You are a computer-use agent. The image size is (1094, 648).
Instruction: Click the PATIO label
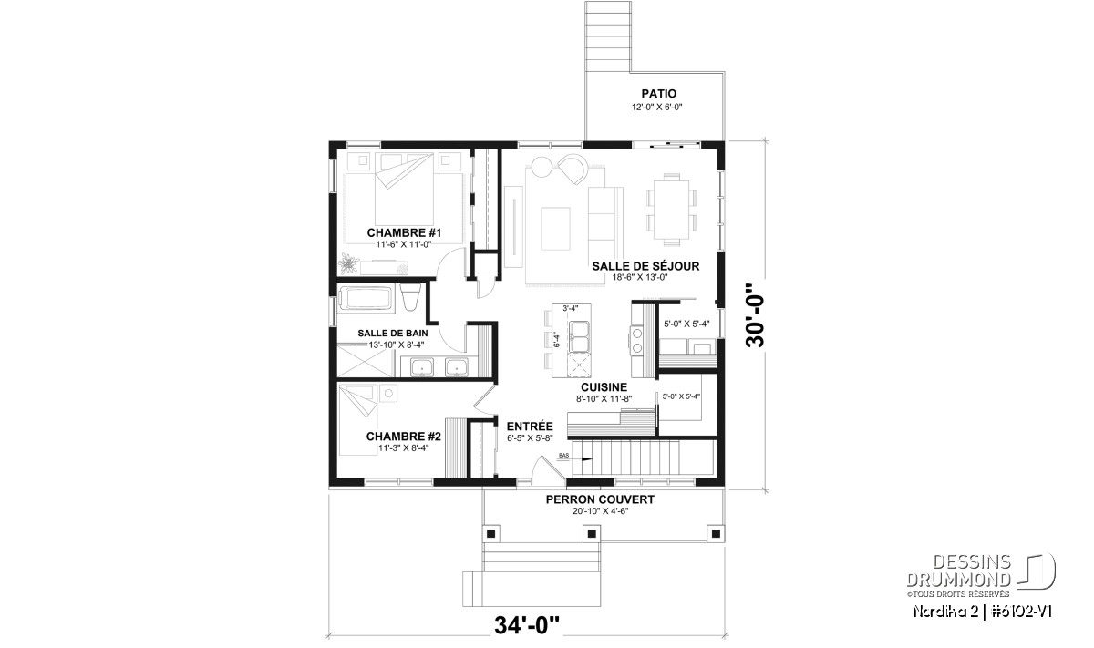coord(659,93)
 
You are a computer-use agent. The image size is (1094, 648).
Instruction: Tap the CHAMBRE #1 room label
coord(404,232)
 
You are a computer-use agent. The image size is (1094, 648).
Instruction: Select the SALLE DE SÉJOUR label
coord(645,266)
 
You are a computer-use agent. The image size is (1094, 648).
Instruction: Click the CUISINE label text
coord(604,387)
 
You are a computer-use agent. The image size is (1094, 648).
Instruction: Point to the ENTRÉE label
coord(530,427)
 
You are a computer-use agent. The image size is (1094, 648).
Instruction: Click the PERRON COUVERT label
coord(600,499)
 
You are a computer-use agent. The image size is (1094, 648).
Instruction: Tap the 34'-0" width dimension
coord(527,625)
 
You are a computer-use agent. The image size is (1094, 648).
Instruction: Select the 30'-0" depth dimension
coord(755,315)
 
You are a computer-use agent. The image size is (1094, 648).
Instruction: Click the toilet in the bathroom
coord(410,297)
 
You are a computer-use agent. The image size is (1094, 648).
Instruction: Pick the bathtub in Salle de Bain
coord(366,298)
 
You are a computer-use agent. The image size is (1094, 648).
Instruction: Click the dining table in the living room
coord(672,210)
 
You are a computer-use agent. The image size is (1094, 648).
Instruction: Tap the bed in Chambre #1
coord(404,197)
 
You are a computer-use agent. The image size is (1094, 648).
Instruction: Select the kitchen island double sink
coord(579,336)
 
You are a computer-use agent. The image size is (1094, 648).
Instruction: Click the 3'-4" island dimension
coord(571,308)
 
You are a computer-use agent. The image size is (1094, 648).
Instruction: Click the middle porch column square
coord(592,533)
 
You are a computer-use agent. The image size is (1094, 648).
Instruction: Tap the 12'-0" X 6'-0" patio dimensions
coord(657,107)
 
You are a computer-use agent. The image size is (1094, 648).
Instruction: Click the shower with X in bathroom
coord(365,361)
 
